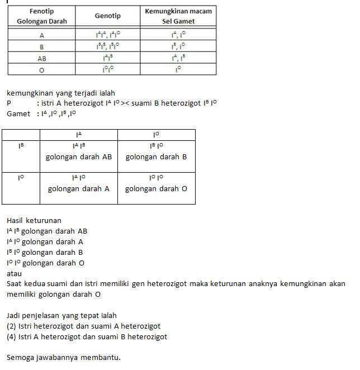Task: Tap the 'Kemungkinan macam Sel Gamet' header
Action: point(178,16)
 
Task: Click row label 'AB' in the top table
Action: point(41,58)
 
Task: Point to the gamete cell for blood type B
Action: point(178,46)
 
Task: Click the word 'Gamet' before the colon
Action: point(18,114)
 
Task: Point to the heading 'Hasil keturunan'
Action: point(34,220)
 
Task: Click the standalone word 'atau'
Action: point(14,274)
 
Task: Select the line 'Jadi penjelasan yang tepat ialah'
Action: point(62,316)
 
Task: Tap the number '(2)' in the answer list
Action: point(11,326)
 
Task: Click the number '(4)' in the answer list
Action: point(11,337)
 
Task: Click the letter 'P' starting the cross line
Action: point(9,103)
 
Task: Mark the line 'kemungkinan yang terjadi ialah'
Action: point(60,93)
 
